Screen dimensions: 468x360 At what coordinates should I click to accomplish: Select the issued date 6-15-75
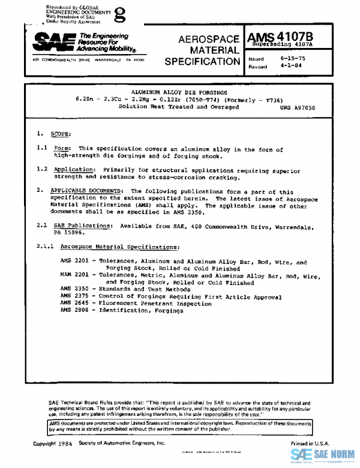[292, 58]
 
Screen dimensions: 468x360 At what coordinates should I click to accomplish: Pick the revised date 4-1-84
[290, 67]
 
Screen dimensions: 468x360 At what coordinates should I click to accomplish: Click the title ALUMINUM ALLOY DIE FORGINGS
[179, 92]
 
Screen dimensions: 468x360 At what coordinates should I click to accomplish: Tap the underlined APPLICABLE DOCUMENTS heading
[88, 191]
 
